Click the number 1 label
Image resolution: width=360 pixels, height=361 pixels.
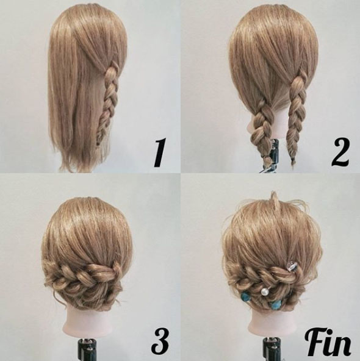tap(159, 153)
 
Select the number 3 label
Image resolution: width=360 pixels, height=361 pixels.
tap(160, 341)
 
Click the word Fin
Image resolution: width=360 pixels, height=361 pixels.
tap(328, 343)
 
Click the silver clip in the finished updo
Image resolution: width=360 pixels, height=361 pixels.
tap(290, 267)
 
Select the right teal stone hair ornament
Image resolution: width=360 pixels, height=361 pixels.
tap(275, 304)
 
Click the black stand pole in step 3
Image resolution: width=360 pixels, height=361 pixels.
tap(86, 349)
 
